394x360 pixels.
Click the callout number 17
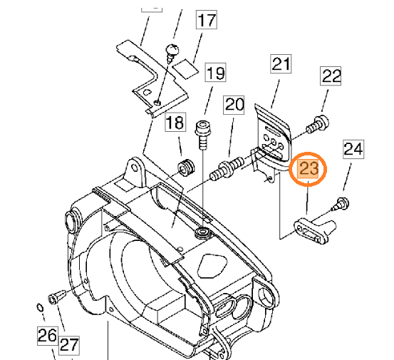207,20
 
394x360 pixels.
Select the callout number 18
175,122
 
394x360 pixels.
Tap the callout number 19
216,73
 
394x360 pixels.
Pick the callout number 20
234,105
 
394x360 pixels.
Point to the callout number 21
281,64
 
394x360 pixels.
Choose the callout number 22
331,76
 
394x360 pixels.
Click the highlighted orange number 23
308,169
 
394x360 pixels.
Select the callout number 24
353,149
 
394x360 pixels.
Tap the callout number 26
48,336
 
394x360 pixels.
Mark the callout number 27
69,345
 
